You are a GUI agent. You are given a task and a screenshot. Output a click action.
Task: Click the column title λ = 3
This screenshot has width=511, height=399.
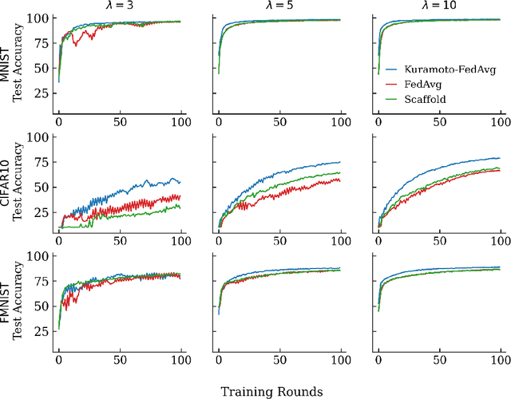pos(119,6)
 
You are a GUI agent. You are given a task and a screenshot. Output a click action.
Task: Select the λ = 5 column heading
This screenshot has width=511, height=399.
pos(279,6)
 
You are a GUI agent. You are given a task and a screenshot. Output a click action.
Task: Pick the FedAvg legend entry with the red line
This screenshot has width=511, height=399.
pos(424,84)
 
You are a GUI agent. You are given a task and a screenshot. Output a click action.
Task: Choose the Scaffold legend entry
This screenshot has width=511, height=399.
pos(426,100)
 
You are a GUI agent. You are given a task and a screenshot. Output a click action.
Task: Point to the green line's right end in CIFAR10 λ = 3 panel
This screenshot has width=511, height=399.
pos(180,207)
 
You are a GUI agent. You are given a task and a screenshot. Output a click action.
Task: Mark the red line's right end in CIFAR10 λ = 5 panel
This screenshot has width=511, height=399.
pos(340,180)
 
